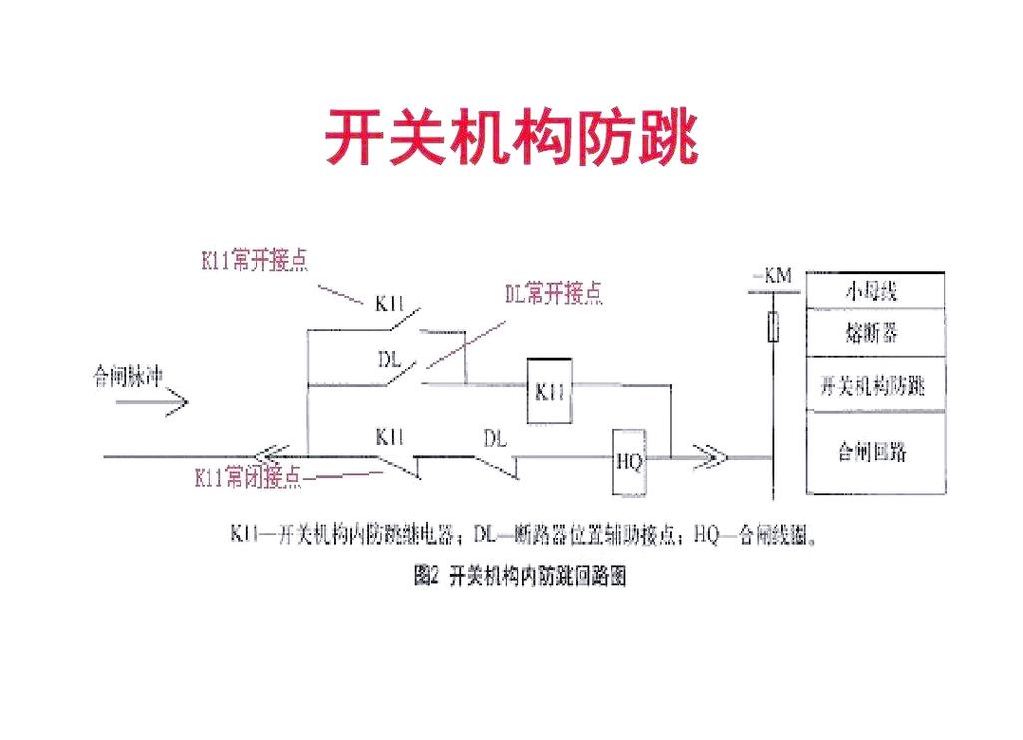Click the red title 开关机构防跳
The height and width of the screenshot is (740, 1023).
(x=511, y=137)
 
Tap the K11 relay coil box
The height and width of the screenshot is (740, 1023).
(x=550, y=391)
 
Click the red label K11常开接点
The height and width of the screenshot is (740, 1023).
(x=255, y=261)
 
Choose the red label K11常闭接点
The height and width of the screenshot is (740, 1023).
(x=248, y=478)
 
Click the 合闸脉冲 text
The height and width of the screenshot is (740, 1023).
(x=127, y=377)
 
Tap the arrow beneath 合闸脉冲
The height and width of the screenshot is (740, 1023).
(x=151, y=404)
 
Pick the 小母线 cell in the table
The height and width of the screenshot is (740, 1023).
(x=873, y=291)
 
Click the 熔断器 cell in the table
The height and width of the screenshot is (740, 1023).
(x=873, y=333)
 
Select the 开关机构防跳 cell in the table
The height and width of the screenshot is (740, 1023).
(x=873, y=386)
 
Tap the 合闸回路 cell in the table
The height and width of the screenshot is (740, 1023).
(x=873, y=452)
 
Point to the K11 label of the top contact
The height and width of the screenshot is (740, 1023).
(x=389, y=304)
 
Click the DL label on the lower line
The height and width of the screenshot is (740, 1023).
(x=495, y=439)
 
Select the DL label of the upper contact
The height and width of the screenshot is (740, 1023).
(x=389, y=357)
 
